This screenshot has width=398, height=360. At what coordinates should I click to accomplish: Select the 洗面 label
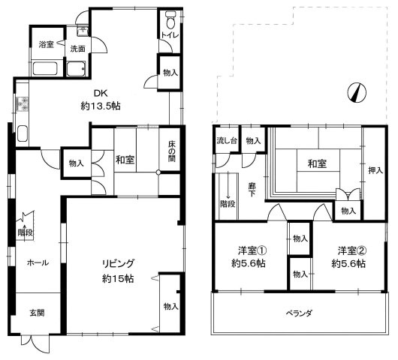click(77, 49)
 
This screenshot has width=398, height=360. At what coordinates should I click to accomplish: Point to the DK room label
click(99, 94)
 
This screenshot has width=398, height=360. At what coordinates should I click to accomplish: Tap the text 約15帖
click(119, 278)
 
